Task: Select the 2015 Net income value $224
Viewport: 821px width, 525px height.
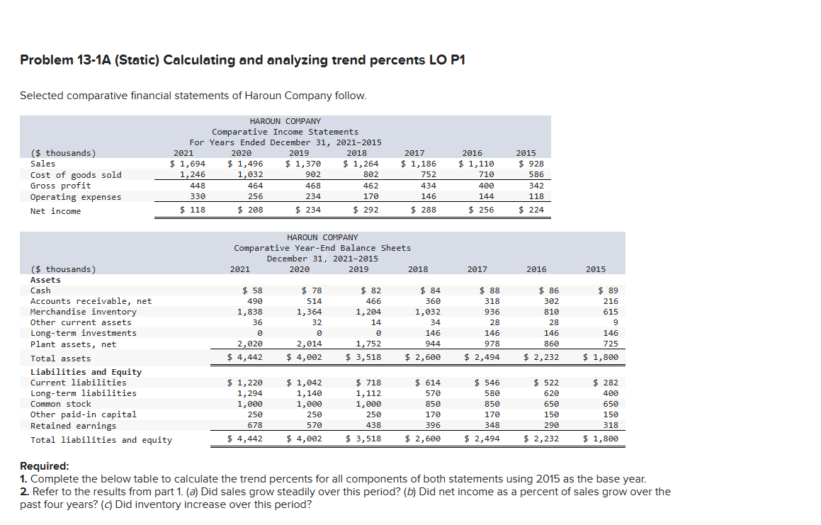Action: [531, 210]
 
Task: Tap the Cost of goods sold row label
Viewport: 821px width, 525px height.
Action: [76, 175]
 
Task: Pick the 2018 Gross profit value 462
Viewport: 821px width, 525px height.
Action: [370, 186]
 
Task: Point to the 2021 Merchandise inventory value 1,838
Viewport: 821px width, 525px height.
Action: [249, 312]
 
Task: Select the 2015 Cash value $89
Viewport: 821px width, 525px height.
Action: [608, 290]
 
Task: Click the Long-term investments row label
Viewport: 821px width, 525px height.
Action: [83, 333]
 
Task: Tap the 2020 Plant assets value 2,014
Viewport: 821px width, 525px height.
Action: [309, 344]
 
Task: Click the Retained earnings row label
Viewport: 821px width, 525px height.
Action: [73, 426]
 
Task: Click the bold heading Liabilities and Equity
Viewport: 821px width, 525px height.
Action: [86, 372]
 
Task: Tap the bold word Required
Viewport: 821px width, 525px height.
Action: [44, 466]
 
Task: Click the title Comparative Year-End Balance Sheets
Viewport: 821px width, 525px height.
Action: [322, 248]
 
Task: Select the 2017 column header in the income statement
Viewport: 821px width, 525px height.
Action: [414, 153]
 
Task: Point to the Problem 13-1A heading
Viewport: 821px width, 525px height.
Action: [242, 60]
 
